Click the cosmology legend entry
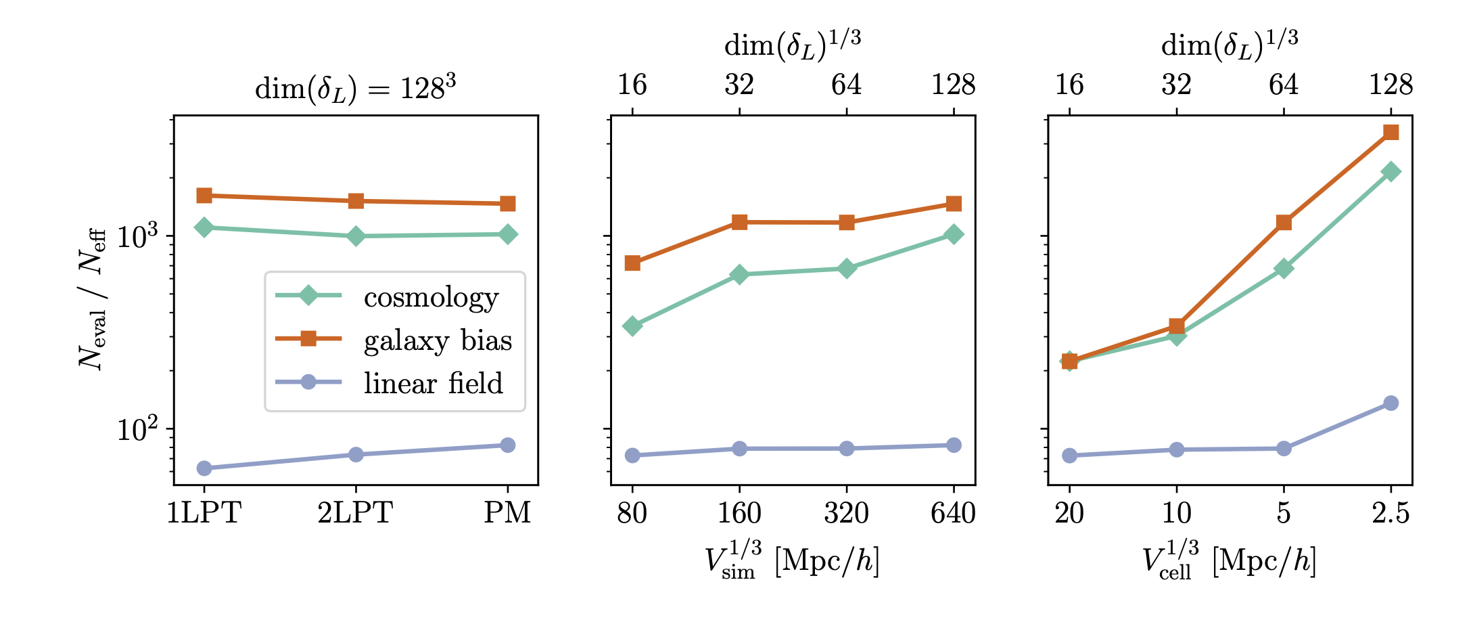[431, 297]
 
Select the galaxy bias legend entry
[438, 340]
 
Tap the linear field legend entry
[433, 384]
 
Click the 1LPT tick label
[204, 513]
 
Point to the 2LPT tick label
[355, 513]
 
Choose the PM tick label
[507, 513]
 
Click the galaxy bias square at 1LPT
[204, 196]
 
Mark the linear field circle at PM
[508, 445]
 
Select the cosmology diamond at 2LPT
[356, 236]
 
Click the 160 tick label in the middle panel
[739, 513]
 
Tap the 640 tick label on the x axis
[953, 513]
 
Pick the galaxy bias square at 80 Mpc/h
[632, 263]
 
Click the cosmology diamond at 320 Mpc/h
[847, 269]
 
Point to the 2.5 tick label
[1390, 513]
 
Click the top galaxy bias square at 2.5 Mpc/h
[1391, 132]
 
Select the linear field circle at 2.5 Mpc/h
[1391, 403]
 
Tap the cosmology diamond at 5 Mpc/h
[1284, 269]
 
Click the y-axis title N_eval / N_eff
[93, 298]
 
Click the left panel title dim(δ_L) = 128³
[355, 89]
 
